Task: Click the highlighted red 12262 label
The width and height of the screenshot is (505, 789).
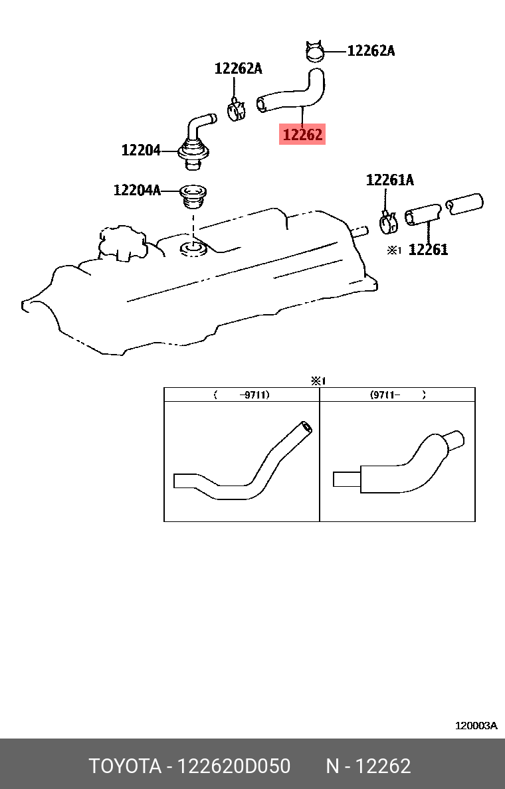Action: [303, 135]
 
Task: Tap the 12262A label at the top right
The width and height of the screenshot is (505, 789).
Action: [371, 50]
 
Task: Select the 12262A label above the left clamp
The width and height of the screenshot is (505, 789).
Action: [238, 68]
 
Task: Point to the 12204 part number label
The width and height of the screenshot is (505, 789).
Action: [141, 151]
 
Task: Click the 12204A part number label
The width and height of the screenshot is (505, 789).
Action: [138, 191]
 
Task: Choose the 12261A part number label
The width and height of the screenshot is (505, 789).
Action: [390, 180]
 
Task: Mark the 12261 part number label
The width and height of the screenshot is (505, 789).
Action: [428, 250]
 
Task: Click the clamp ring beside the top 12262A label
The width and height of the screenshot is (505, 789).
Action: [315, 50]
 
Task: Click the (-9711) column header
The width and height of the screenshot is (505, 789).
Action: [242, 395]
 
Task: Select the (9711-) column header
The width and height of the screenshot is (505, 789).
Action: [397, 395]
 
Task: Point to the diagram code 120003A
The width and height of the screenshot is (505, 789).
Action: [476, 726]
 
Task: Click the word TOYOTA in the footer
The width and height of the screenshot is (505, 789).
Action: [126, 766]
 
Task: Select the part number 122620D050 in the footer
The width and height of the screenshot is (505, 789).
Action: [235, 766]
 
